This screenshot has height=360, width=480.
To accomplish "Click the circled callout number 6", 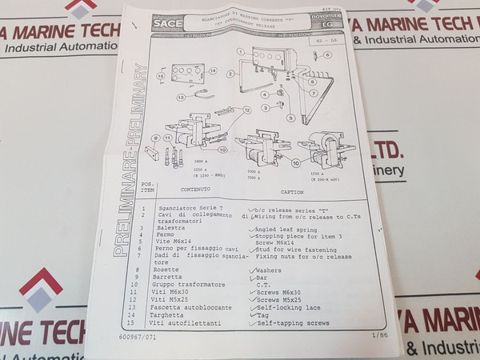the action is [326, 55].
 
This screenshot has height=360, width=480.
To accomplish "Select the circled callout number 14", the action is [213, 70].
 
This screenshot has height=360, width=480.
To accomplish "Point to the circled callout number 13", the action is [181, 98].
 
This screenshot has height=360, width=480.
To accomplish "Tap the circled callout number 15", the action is [161, 78].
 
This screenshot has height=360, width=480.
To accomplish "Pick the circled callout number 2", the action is [230, 74].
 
